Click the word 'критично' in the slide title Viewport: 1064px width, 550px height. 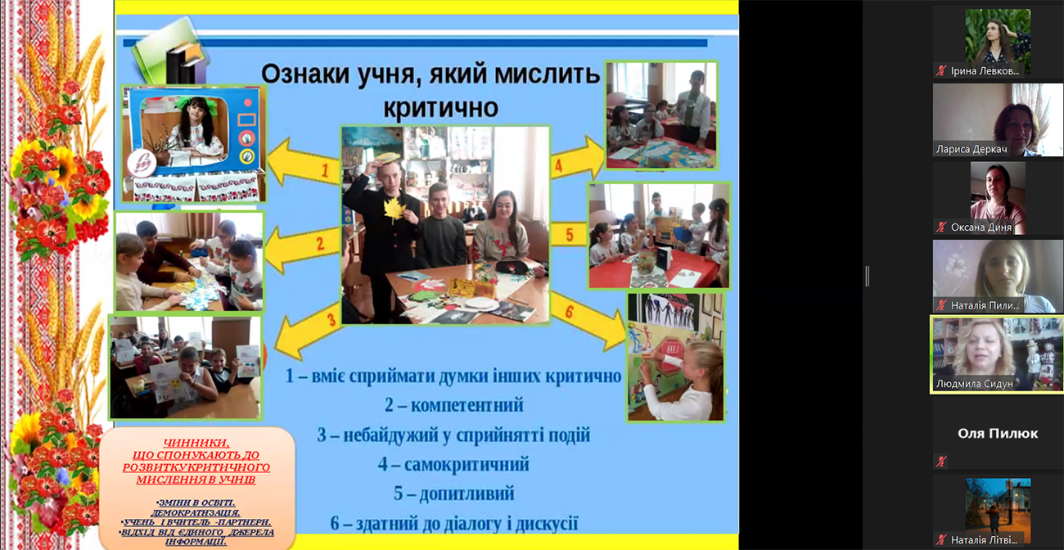pos(441,108)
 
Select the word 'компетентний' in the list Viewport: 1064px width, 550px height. pos(465,405)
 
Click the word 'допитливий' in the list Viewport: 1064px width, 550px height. pos(467,494)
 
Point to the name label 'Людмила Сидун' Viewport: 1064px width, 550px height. pos(975,384)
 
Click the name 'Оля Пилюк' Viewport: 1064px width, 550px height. pos(998,433)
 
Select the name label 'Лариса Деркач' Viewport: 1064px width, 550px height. pos(972,150)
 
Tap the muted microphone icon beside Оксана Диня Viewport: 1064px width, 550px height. pos(942,228)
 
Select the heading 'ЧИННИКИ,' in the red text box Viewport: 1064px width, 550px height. pos(196,442)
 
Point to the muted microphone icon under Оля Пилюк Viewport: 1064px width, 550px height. pos(942,462)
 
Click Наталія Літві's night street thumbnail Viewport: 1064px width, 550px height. pos(997,504)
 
